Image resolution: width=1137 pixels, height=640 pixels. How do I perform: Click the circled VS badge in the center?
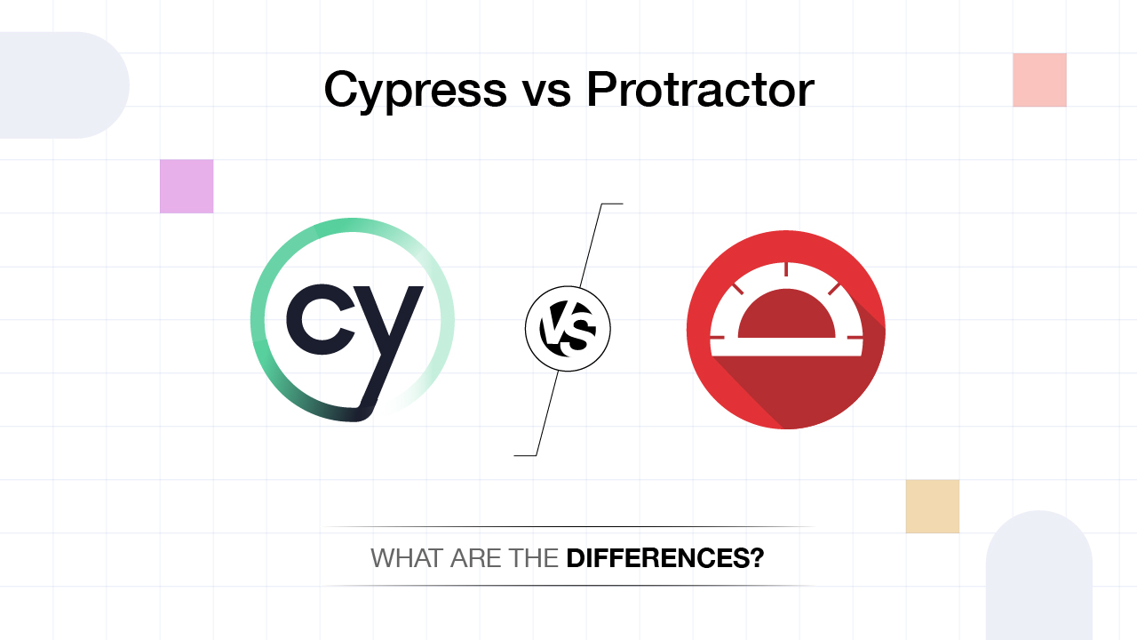[568, 329]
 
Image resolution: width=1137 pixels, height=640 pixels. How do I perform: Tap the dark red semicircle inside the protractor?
[786, 316]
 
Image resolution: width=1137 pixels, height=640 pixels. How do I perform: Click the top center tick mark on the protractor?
[786, 268]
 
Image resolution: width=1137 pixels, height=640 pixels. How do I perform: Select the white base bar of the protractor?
[786, 348]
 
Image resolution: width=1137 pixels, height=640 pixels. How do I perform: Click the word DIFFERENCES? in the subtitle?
[665, 559]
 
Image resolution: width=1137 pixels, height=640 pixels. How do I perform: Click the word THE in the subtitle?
[533, 559]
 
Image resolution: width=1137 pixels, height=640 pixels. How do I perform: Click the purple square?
[187, 186]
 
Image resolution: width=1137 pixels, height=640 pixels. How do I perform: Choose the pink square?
[1039, 80]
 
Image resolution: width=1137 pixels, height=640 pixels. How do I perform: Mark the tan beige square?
[933, 507]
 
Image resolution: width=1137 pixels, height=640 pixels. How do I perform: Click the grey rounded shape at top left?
[62, 85]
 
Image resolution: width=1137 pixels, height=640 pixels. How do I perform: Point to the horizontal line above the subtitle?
[568, 527]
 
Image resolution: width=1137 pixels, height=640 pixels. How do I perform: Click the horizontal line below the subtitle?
[568, 586]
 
